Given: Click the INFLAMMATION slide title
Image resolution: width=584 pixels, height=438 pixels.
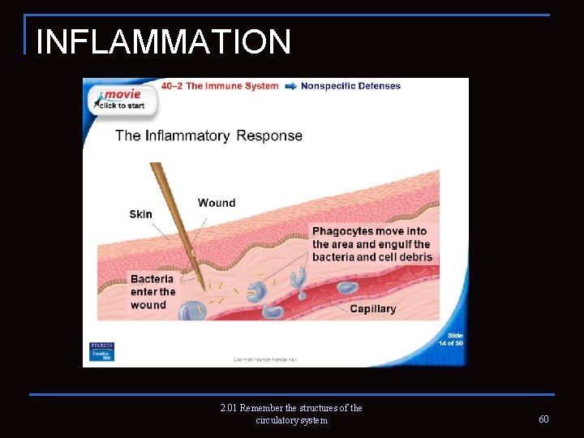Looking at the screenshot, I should tap(163, 41).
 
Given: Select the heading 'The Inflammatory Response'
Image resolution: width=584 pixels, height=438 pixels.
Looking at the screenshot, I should tap(208, 135).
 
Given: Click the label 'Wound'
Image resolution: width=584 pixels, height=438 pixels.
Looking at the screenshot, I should tap(217, 203).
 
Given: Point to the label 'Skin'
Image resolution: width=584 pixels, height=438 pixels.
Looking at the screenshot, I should tap(140, 214).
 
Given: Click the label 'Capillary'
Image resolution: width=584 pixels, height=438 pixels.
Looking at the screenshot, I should tap(373, 309).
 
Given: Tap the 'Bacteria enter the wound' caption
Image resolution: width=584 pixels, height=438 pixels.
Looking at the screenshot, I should tap(152, 292).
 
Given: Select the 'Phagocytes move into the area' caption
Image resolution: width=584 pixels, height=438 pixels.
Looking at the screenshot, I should tap(371, 244).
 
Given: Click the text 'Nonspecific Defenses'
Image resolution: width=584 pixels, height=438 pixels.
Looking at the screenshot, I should tap(350, 86).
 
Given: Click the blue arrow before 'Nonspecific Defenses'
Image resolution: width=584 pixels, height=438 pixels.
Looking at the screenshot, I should tap(290, 86).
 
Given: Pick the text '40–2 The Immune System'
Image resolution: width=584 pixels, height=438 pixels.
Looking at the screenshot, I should tap(220, 86).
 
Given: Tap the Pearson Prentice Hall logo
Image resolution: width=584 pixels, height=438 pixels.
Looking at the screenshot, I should tap(102, 351).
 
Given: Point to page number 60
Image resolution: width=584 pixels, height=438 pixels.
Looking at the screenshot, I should tap(543, 419).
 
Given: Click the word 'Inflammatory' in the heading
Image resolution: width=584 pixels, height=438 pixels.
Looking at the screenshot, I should tap(187, 135).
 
